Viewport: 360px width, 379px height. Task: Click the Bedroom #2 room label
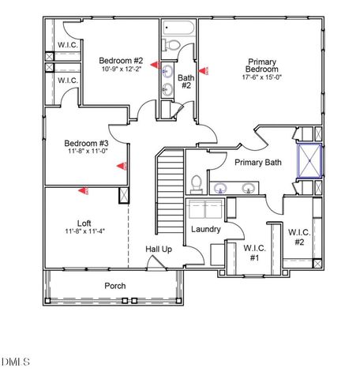[120, 61]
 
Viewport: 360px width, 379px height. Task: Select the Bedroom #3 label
[85, 143]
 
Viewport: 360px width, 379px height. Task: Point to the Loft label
[84, 223]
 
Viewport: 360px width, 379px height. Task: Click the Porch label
[115, 285]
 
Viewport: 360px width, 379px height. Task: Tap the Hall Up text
[158, 250]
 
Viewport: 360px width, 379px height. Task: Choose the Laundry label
[205, 229]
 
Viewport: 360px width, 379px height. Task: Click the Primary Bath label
[257, 162]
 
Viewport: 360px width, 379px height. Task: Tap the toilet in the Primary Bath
[197, 184]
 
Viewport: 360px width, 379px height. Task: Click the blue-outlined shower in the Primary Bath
[306, 161]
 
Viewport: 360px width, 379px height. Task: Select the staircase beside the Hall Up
[170, 189]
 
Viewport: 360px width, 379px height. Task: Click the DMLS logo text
[16, 362]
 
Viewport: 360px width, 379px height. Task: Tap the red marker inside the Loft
[84, 189]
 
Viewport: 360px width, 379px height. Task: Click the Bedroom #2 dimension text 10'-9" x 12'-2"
[120, 69]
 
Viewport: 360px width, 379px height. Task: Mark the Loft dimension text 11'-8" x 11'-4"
[84, 231]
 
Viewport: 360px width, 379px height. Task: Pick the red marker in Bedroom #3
[122, 166]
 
